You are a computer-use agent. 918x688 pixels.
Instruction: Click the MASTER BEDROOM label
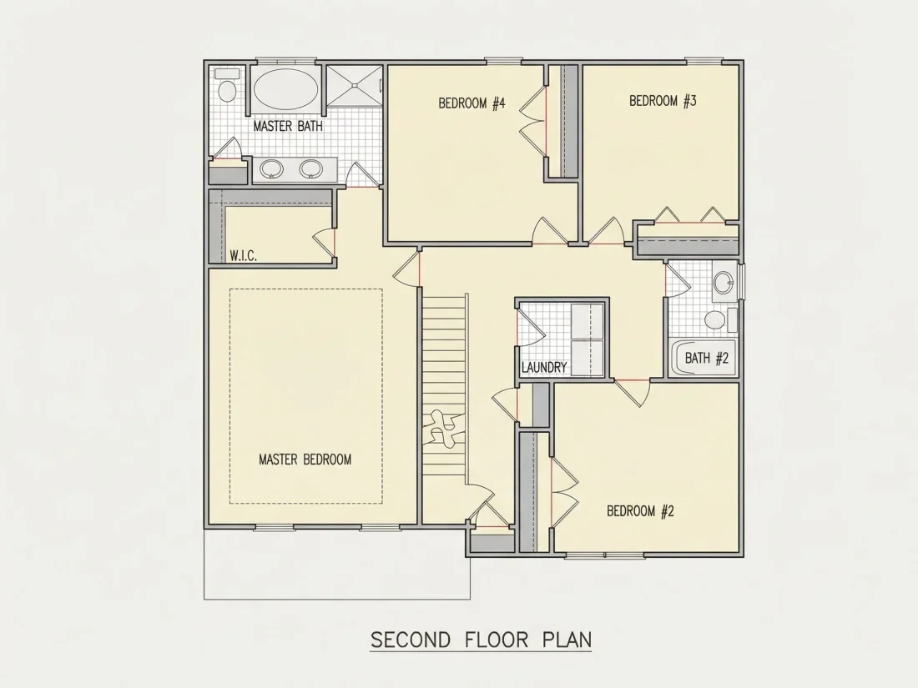(x=305, y=460)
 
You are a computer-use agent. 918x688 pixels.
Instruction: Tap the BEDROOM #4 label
(x=472, y=103)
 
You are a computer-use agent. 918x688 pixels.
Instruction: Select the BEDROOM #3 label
(x=663, y=101)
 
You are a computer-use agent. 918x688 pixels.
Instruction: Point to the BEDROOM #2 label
(x=640, y=511)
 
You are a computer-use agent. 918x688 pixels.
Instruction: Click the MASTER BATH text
(x=288, y=126)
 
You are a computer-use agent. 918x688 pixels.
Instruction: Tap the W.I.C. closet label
(x=243, y=256)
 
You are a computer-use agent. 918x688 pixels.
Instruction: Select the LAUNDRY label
(x=544, y=368)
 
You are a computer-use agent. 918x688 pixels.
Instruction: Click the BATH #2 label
(x=707, y=358)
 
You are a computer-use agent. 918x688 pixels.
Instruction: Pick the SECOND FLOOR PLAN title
(x=482, y=640)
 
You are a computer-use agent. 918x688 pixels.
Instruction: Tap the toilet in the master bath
(x=226, y=85)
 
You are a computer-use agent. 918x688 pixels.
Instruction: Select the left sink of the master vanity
(x=272, y=169)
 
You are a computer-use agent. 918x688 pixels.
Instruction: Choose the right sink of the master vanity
(x=310, y=169)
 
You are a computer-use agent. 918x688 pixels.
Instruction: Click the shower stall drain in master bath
(x=354, y=86)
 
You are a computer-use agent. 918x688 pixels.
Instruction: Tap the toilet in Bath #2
(x=719, y=319)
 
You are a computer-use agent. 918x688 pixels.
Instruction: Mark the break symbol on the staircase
(x=444, y=429)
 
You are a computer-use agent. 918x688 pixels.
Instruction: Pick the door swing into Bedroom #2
(x=633, y=393)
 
